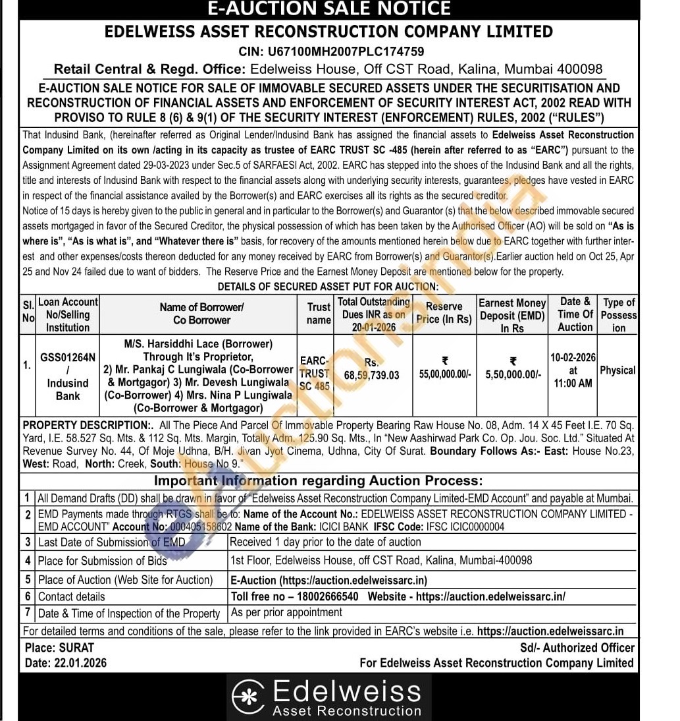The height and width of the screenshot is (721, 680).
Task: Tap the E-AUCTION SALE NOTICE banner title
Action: tap(329, 9)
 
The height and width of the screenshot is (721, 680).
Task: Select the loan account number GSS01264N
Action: tap(68, 357)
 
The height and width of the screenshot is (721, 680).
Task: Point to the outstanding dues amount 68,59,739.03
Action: tap(371, 375)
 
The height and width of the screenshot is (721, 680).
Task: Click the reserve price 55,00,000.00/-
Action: tap(445, 374)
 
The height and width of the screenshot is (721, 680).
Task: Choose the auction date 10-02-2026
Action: tap(573, 358)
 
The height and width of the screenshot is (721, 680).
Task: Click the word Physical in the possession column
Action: tap(617, 370)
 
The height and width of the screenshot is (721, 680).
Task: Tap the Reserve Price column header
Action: tap(444, 312)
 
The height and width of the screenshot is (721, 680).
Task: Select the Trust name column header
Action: tap(319, 313)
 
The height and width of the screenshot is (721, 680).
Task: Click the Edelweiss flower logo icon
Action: tap(249, 698)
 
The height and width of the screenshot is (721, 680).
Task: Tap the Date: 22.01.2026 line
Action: tap(66, 662)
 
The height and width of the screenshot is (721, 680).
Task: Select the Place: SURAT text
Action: tap(60, 648)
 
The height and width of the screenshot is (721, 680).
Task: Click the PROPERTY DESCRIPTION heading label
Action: tap(87, 425)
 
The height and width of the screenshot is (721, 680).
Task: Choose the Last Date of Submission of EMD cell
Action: tap(112, 542)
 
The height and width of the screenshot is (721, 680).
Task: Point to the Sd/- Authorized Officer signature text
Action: tap(577, 648)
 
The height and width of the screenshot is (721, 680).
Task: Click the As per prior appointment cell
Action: tap(286, 612)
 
